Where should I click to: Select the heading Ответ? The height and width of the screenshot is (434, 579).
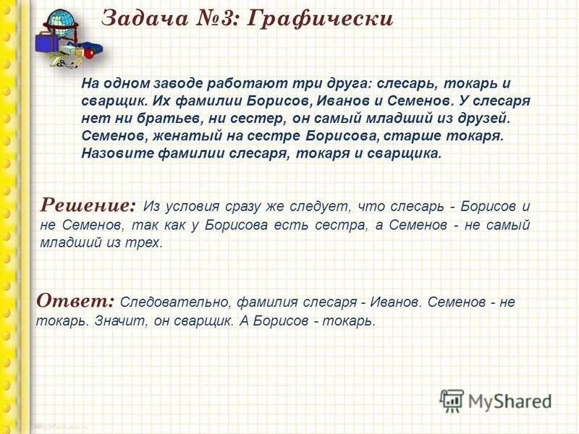(x=75, y=300)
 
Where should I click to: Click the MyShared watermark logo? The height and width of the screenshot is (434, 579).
(x=496, y=400)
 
